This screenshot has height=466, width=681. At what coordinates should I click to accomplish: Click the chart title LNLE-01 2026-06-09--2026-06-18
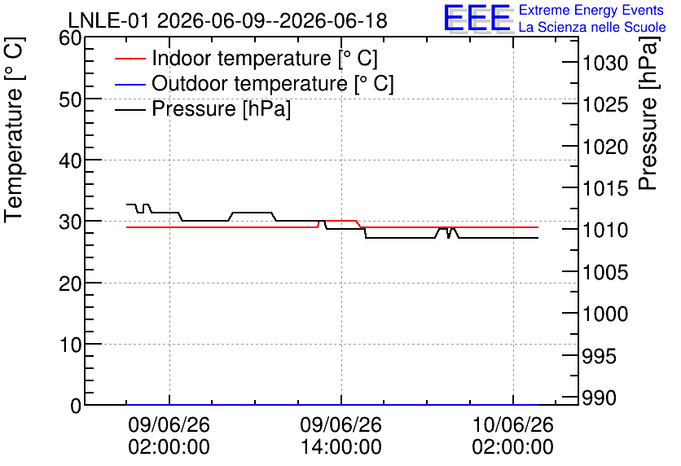pos(227,20)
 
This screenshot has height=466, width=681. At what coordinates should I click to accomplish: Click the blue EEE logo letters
pos(477,18)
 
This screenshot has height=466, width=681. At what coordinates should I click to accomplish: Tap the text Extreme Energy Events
pos(591,10)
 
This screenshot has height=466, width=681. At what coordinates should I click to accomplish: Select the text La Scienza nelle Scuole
pos(592,27)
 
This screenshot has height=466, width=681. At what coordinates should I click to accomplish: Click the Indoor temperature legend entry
pos(246,58)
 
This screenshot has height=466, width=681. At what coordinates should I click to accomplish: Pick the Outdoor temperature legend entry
pos(254,83)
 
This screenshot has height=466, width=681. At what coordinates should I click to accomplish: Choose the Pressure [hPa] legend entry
pos(202,108)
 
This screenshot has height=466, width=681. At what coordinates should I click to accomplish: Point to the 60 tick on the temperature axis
pos(70,38)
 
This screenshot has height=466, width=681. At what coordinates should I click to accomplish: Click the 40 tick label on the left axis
pos(70,160)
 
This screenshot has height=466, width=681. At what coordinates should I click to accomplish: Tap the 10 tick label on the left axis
pos(70,345)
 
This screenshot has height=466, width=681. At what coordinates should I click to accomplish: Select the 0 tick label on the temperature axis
pos(76,406)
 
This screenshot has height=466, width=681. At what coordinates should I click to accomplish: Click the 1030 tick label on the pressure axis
pos(605,64)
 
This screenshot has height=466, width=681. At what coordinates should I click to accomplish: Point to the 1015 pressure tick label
pos(605,188)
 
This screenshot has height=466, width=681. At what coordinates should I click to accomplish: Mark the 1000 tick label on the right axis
pos(605,314)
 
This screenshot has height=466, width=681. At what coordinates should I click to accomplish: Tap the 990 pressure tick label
pos(599,398)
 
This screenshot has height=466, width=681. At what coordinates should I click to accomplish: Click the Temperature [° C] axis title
pos(14,130)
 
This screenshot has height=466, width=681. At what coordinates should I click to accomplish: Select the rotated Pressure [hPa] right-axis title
pos(648,113)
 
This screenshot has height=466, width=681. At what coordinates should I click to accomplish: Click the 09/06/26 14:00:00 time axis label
pos(341,436)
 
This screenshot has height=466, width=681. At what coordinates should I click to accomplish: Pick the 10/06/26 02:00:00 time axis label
pos(513,436)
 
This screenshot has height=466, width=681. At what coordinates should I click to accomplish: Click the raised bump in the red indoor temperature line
pos(338,221)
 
